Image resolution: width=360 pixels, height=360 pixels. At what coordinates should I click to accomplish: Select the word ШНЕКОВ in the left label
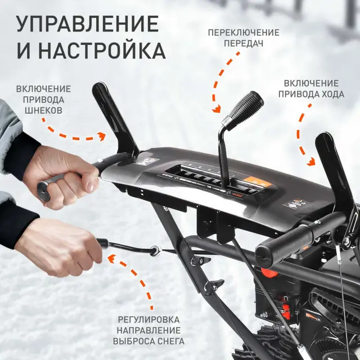click(x=43, y=111)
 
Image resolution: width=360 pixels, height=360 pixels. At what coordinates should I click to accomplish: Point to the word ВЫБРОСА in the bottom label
click(x=135, y=341)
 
